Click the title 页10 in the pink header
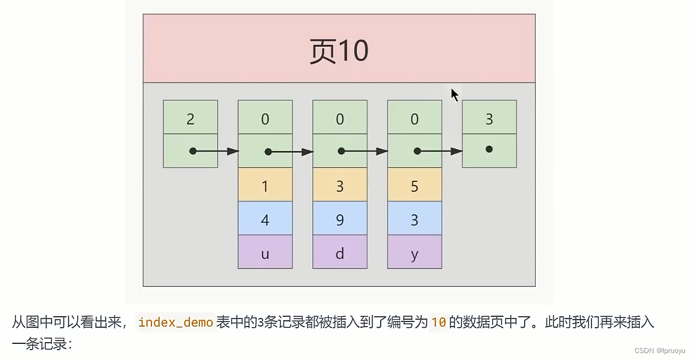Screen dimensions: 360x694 point(339,51)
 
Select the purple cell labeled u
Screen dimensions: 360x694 point(265,252)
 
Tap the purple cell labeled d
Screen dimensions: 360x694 point(340,252)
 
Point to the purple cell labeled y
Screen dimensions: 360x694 point(415,252)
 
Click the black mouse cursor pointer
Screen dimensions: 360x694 point(454,94)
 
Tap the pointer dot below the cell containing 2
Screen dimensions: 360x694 point(193,151)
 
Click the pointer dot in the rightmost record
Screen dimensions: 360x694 point(489,149)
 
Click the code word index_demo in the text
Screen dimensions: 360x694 point(176,323)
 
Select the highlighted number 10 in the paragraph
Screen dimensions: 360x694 point(438,323)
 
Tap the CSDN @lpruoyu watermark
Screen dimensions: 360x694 point(661,351)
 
